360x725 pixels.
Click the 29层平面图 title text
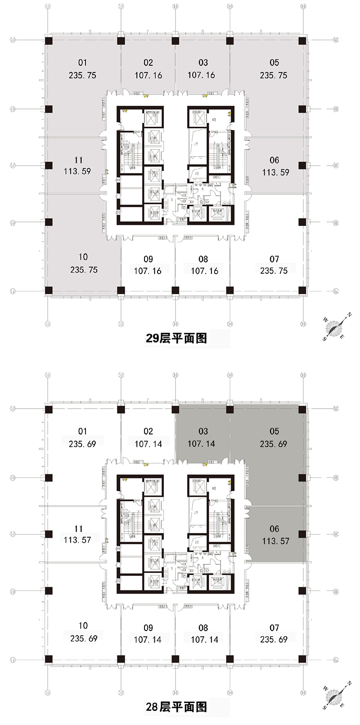point(176,338)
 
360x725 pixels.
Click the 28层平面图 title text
point(176,707)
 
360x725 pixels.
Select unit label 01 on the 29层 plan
point(82,63)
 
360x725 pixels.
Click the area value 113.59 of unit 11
point(77,171)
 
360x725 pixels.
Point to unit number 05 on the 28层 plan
point(274,431)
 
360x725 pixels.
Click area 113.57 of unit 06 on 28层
point(275,541)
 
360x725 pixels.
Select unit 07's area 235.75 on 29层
point(274,270)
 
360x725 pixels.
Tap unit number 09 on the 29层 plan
point(148,259)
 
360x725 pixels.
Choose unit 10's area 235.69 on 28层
point(84,639)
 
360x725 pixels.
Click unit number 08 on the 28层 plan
point(203,628)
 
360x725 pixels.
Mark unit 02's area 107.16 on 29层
point(148,75)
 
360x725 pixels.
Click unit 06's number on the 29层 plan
point(274,160)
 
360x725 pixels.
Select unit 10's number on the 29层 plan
point(83,257)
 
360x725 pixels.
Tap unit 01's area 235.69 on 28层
point(82,444)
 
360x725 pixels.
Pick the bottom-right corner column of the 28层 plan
point(302,660)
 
